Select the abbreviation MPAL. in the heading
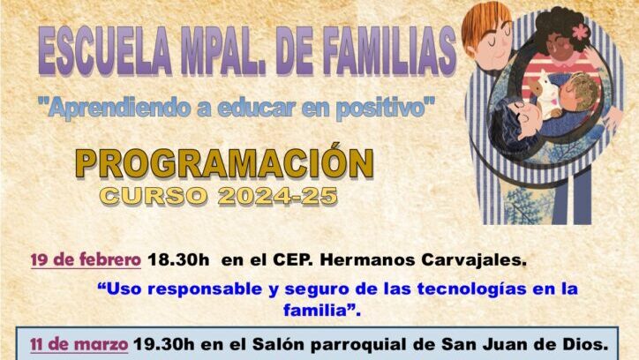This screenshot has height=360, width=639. [x=224, y=52]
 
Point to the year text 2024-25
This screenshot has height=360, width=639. [x=277, y=196]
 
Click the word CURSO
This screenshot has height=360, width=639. [x=154, y=196]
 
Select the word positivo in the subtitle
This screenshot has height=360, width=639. [x=385, y=109]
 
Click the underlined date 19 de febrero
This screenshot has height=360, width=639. [x=86, y=259]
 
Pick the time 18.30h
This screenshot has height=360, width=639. [x=178, y=259]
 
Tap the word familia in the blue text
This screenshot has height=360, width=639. [x=315, y=310]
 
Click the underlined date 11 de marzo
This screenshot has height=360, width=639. [x=79, y=344]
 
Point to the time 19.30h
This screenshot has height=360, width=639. [x=164, y=344]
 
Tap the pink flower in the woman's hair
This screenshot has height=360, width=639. [x=581, y=32]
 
